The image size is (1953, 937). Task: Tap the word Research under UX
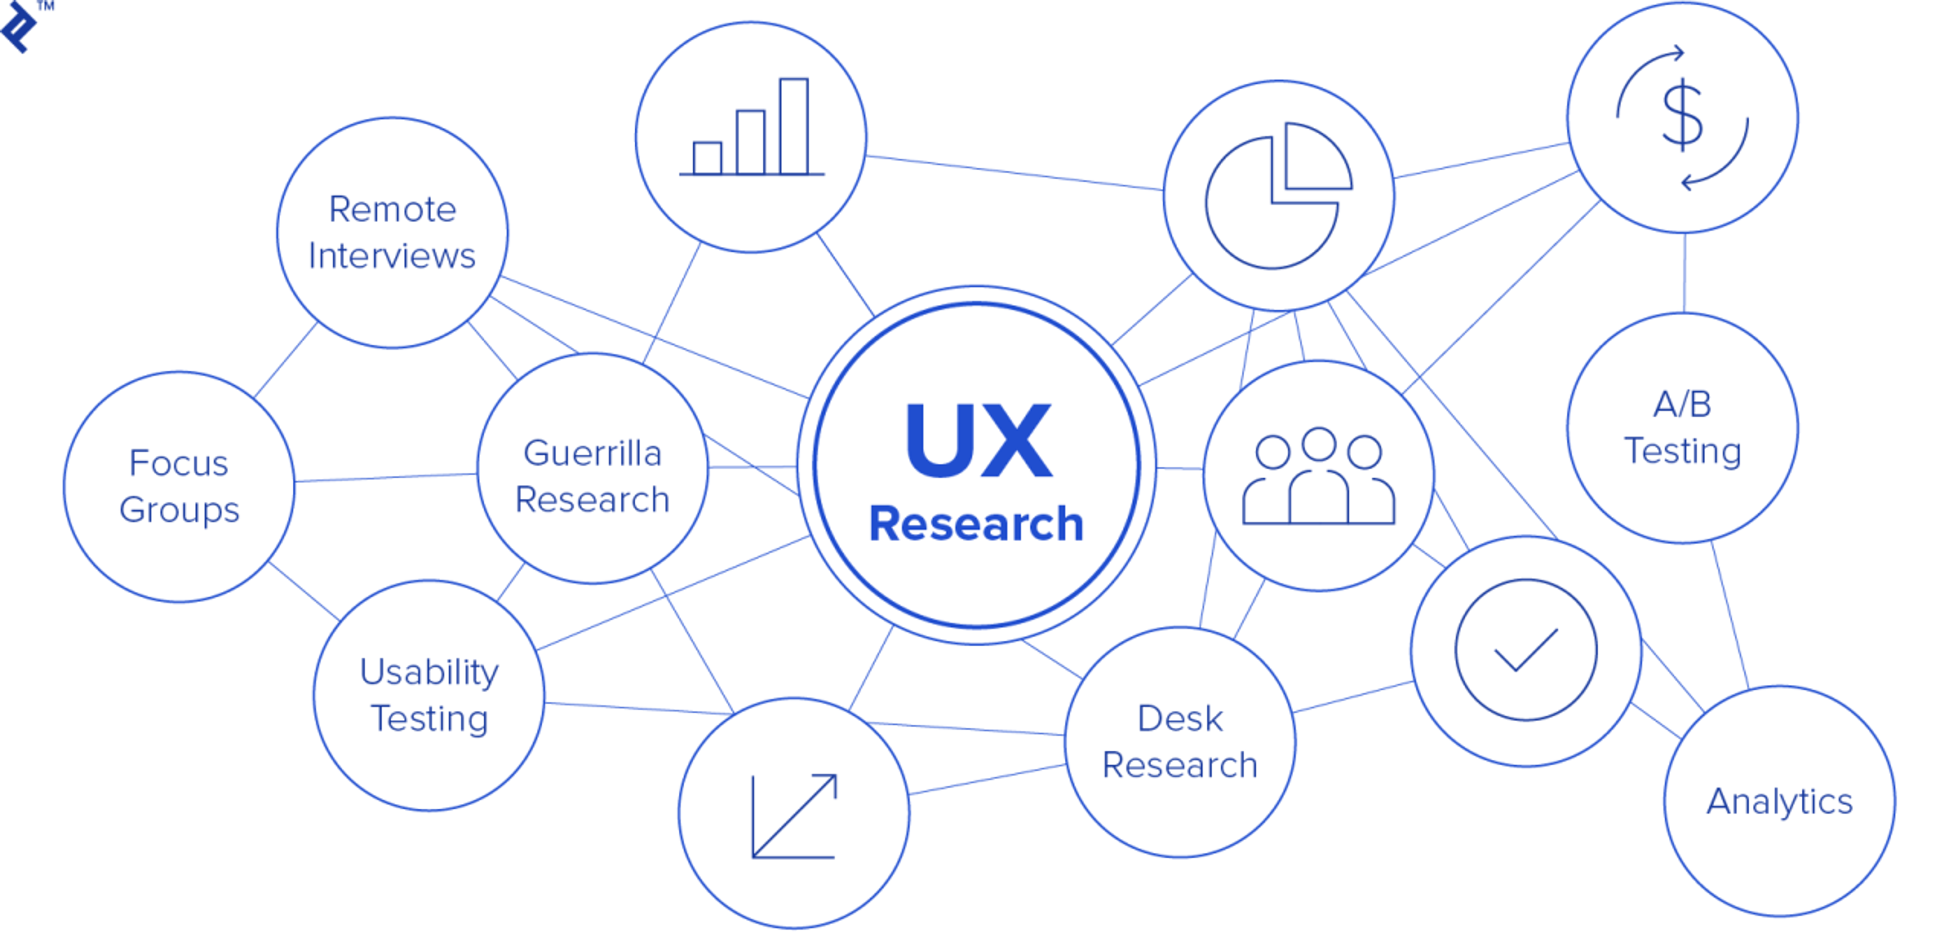(976, 524)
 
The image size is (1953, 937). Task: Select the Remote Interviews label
(392, 232)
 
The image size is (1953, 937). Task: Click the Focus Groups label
(179, 486)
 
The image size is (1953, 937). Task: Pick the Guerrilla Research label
(592, 476)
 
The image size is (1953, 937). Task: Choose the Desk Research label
(1180, 742)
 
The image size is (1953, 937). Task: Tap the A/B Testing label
(1682, 428)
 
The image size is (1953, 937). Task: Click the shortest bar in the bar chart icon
(707, 158)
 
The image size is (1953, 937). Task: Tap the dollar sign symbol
(1682, 115)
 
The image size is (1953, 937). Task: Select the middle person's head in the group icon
(1318, 444)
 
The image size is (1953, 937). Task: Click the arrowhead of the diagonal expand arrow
(826, 784)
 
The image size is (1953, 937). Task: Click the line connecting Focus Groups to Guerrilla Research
(385, 478)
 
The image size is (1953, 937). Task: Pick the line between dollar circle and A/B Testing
(1684, 273)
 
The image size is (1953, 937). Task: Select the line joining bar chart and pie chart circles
(1015, 173)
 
